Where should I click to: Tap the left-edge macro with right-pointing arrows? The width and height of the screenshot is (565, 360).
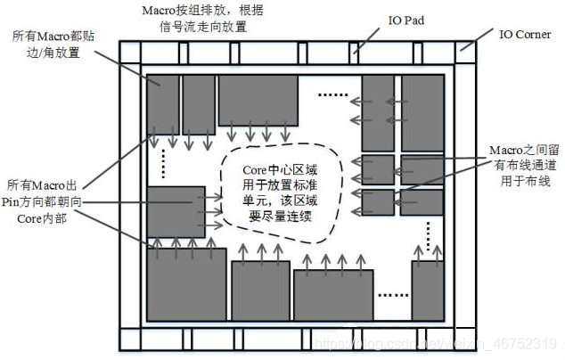tap(176, 211)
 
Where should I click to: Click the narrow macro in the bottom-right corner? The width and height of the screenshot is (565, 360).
tap(428, 290)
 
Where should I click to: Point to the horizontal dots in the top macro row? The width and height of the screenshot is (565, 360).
tap(332, 94)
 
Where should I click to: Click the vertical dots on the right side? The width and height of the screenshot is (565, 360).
tap(429, 234)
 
